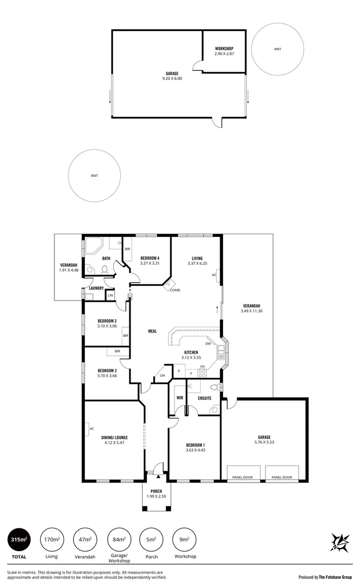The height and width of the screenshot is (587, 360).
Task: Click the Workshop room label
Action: click(x=224, y=48)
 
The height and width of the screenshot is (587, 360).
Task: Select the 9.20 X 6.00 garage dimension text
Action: click(x=172, y=78)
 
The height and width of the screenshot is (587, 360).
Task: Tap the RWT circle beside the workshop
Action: click(x=278, y=49)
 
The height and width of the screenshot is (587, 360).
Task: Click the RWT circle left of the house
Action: click(x=95, y=176)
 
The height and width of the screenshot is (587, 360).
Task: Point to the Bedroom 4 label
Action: click(x=150, y=258)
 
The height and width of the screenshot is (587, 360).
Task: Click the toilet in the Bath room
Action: click(x=103, y=269)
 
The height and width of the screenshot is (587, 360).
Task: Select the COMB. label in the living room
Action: click(x=175, y=290)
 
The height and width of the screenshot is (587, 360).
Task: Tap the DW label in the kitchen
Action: click(x=208, y=344)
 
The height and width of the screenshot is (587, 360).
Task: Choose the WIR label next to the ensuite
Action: click(x=179, y=398)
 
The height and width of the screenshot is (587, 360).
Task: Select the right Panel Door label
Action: click(x=282, y=477)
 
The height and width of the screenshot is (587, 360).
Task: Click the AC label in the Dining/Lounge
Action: click(x=91, y=429)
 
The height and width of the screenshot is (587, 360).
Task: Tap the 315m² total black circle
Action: click(x=19, y=540)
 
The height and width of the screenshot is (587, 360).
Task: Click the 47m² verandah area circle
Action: click(x=85, y=540)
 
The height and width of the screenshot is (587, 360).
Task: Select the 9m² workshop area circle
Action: click(x=185, y=540)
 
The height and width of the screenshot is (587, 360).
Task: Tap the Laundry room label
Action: click(x=96, y=288)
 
